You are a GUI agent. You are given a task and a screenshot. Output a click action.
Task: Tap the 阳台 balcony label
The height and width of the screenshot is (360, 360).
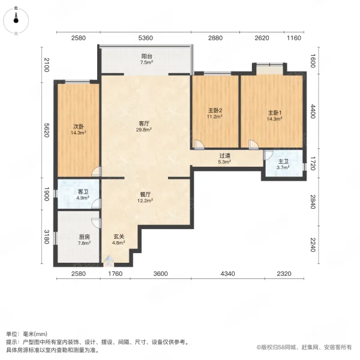point(146,56)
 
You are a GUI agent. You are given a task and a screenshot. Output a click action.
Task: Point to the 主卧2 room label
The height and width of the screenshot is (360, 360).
point(215,110)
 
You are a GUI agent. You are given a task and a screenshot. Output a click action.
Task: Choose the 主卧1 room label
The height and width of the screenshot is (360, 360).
point(274,113)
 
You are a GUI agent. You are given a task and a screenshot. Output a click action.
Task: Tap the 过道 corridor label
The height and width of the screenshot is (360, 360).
point(224,155)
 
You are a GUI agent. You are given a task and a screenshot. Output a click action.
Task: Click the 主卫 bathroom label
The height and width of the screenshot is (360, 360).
point(283,162)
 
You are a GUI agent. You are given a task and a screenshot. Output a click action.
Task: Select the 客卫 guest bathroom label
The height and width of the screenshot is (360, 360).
point(83,191)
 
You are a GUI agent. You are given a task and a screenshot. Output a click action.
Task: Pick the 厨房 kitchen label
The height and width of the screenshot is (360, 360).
point(83,238)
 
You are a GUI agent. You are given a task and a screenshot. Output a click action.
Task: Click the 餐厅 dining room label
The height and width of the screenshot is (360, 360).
point(145,194)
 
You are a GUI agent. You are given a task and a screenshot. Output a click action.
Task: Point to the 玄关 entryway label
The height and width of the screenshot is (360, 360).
point(119,238)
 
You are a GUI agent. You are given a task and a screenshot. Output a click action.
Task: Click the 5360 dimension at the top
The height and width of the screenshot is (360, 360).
point(146,38)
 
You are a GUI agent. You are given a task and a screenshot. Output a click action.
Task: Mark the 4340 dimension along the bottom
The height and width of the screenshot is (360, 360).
point(229,274)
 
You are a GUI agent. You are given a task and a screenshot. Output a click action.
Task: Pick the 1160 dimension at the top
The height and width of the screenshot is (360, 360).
point(293,38)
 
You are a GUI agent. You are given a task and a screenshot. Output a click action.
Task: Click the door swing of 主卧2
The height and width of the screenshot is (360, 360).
point(199,144)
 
